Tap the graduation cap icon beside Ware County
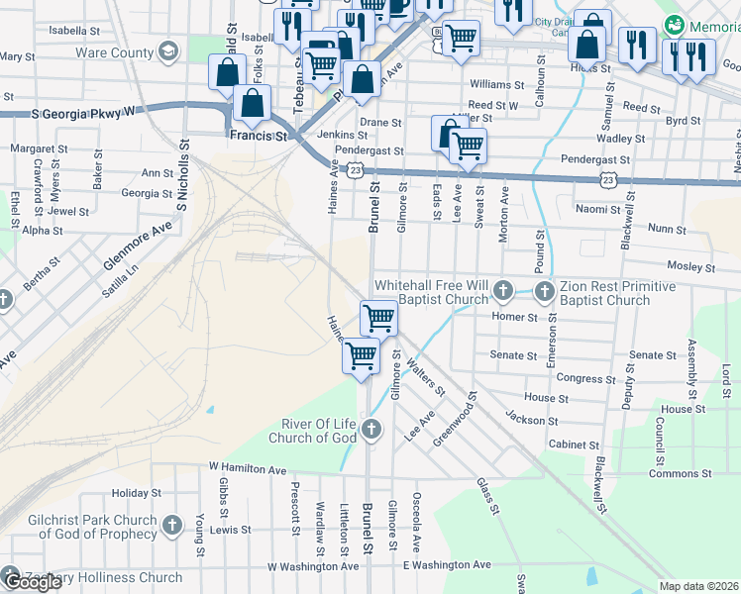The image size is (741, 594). click(169, 49)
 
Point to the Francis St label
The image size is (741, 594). click(258, 136)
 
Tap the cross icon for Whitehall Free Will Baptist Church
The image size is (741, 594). click(504, 291)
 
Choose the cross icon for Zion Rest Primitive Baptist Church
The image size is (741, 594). click(544, 291)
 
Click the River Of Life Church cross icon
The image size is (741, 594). click(370, 429)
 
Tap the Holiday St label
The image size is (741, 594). click(136, 493)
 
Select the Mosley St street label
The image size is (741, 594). click(690, 267)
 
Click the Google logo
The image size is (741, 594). click(33, 582)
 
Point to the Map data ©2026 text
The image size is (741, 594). click(698, 586)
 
